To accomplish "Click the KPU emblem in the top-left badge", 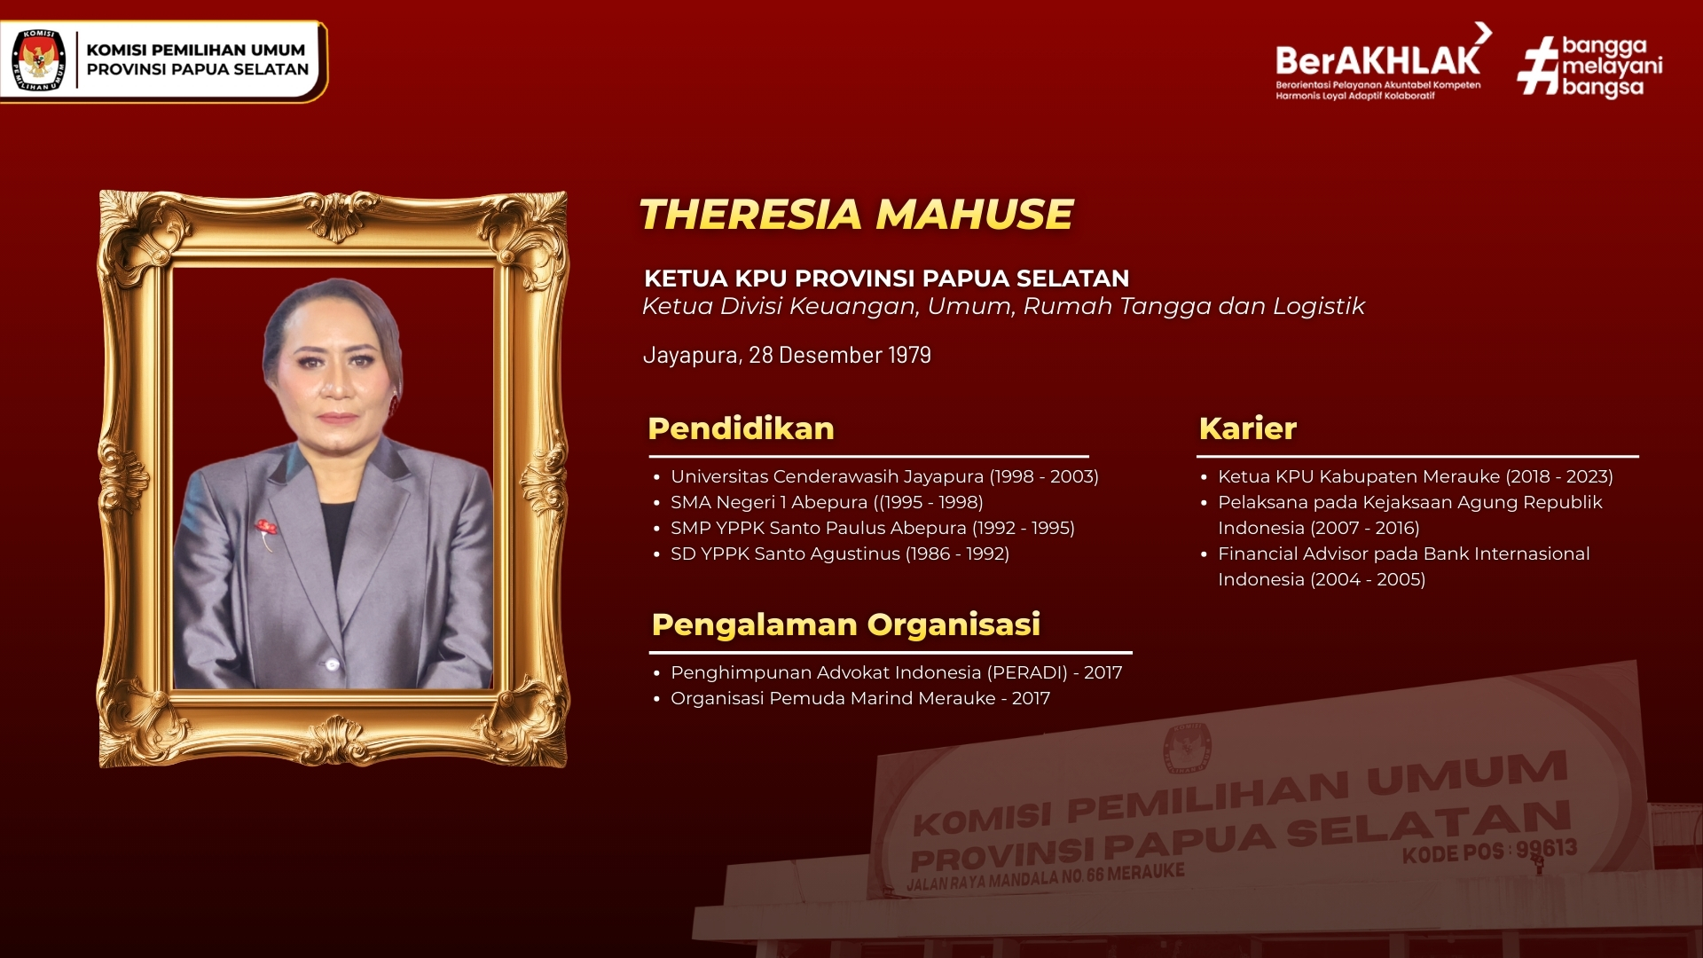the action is click(39, 60).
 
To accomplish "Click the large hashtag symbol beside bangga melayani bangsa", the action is click(1538, 66).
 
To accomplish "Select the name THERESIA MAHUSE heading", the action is click(856, 214).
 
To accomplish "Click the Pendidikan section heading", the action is click(741, 428).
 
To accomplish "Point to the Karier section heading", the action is click(1247, 428).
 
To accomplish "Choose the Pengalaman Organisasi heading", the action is click(845, 624).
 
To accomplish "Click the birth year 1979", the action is click(909, 355).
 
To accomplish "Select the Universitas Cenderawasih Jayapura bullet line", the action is click(884, 476).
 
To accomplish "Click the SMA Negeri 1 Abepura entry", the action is click(827, 502).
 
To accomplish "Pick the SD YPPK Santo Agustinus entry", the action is click(840, 554).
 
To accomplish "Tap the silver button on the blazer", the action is click(333, 664).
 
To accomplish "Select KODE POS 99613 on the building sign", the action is click(1489, 851).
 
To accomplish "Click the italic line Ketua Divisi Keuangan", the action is click(1003, 306).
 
